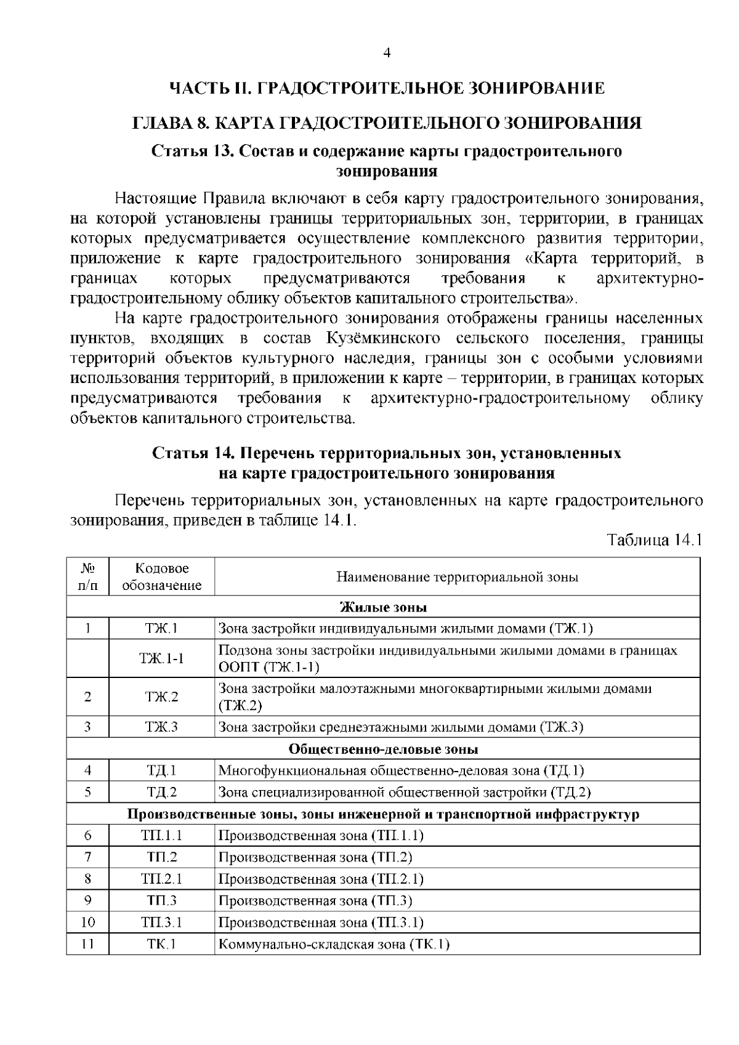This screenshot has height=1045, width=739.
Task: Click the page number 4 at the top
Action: coord(387,53)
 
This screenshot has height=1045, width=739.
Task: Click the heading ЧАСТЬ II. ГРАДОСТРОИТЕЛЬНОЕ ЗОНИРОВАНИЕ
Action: coord(387,88)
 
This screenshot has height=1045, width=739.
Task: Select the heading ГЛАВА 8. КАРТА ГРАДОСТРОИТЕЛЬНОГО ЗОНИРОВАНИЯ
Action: coord(387,123)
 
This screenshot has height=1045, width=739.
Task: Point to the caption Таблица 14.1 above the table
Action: coord(655,540)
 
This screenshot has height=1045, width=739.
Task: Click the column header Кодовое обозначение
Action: coord(162,577)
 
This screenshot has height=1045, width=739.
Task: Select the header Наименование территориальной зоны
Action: coord(457,577)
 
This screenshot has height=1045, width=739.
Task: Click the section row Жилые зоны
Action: coord(383,607)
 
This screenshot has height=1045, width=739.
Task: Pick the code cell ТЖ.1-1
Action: coord(162,658)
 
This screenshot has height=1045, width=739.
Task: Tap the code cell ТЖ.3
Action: coord(162,727)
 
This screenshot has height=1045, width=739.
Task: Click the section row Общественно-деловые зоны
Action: coord(383,749)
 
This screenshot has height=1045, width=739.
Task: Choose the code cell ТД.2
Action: coord(162,792)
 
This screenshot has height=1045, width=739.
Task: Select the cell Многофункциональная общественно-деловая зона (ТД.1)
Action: coord(401,770)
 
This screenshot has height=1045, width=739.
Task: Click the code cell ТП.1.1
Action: coord(162,836)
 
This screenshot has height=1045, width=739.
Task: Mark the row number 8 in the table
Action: coord(88,879)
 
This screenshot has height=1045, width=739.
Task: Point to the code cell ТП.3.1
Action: coord(162,922)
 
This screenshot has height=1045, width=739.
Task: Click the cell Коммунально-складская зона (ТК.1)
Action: coord(334,944)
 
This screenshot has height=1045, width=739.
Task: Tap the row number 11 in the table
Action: coord(88,944)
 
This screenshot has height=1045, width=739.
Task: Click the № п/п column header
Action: coord(88,577)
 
